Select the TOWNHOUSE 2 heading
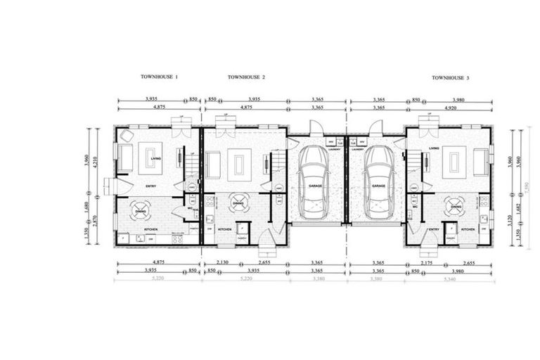[x=246, y=76]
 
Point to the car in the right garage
[x=379, y=183]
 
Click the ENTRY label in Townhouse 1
[x=151, y=186]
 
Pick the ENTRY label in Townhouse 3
[x=434, y=229]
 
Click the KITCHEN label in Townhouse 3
[x=468, y=229]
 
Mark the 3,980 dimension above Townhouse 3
[x=457, y=100]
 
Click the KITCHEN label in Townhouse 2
[x=225, y=229]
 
